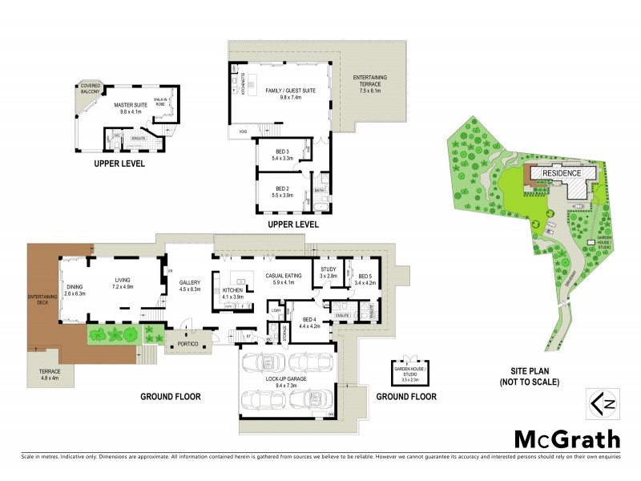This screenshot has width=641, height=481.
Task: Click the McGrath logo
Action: click(x=566, y=439)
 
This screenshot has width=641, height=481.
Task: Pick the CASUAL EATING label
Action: click(x=285, y=278)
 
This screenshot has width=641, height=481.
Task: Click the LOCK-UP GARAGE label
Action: click(x=286, y=382)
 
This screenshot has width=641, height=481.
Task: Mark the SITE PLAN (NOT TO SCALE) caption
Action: click(x=535, y=377)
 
